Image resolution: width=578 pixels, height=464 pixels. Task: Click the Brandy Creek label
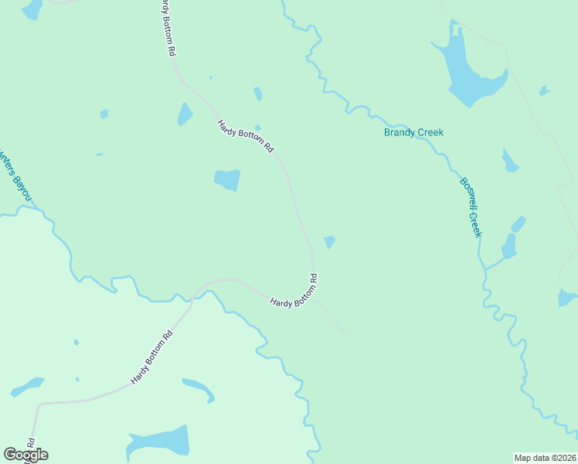pos(414,132)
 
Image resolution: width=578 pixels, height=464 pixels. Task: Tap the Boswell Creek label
pos(471,207)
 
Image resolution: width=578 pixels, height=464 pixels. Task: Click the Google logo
pos(25,455)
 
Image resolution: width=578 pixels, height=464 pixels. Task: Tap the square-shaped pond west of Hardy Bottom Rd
pos(227,180)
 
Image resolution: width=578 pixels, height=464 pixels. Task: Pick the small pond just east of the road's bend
pos(329,242)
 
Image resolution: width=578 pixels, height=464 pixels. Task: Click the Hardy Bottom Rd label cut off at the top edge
pos(167,27)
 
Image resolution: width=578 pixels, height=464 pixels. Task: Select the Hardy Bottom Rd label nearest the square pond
pos(246,135)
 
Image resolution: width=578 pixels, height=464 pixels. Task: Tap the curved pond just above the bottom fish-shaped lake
pos(199,388)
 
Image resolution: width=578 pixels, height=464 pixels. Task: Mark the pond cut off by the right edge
pos(567,298)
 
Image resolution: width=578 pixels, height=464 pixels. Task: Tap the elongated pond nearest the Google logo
pos(27,386)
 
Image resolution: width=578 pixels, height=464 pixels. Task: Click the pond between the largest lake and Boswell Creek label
pos(509,160)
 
